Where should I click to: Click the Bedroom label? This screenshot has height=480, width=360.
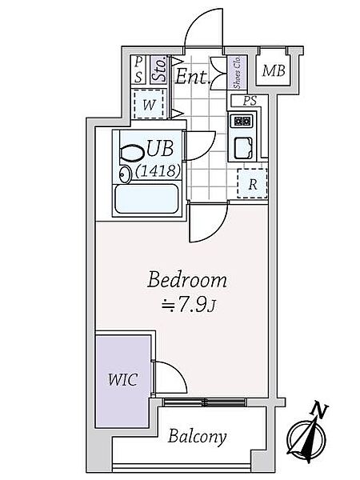(x=187, y=280)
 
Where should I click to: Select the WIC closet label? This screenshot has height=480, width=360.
(x=122, y=379)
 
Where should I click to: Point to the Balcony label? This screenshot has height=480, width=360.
(x=198, y=437)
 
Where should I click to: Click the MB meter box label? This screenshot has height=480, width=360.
(x=274, y=70)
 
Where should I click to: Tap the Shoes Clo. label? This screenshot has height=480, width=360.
(x=237, y=73)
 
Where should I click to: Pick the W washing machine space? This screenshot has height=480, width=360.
(x=149, y=104)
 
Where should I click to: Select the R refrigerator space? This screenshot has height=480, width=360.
(x=253, y=183)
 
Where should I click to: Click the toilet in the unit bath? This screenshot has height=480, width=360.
(x=133, y=153)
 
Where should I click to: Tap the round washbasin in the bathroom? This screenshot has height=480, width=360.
(x=124, y=174)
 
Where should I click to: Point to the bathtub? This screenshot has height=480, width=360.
(x=146, y=200)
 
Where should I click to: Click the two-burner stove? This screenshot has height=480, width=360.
(x=243, y=122)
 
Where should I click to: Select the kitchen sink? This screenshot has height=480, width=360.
(x=243, y=148)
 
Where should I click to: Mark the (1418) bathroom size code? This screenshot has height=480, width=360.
(x=158, y=170)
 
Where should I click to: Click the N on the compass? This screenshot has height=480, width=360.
(x=320, y=410)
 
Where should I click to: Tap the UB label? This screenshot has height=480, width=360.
(x=160, y=148)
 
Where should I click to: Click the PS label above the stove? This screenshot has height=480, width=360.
(x=250, y=101)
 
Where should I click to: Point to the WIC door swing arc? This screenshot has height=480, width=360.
(x=178, y=372)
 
